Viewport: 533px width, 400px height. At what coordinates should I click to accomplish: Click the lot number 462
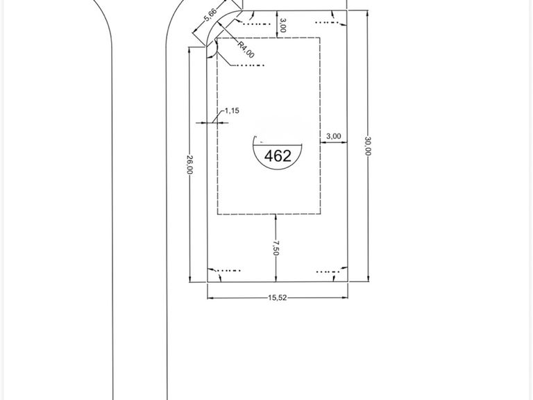pos(278,156)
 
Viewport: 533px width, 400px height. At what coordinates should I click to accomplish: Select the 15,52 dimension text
pos(278,298)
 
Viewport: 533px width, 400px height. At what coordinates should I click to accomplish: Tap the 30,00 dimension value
pos(367,146)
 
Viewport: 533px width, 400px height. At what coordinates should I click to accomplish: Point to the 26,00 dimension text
pos(189,165)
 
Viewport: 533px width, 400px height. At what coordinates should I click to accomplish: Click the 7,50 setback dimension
pos(276,248)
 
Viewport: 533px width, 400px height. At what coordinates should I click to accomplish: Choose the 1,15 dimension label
pos(232,110)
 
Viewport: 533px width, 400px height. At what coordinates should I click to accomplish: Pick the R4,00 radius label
pos(246,50)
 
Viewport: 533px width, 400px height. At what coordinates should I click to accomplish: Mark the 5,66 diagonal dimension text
pos(210,15)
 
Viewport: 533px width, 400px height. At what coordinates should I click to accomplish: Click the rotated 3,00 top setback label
pos(282,26)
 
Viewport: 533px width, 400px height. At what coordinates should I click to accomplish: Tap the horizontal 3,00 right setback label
pos(333,136)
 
